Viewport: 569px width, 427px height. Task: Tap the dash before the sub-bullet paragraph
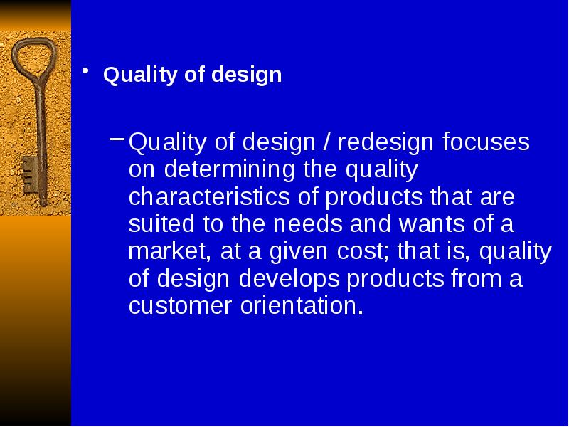(117, 138)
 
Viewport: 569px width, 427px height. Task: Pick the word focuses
(486, 142)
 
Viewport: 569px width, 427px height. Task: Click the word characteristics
(209, 196)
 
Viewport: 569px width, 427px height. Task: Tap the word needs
(308, 224)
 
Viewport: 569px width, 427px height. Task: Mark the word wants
(432, 224)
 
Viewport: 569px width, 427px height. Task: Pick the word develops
(289, 279)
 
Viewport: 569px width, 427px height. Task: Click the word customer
(181, 306)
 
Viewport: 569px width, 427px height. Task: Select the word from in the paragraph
(474, 279)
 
